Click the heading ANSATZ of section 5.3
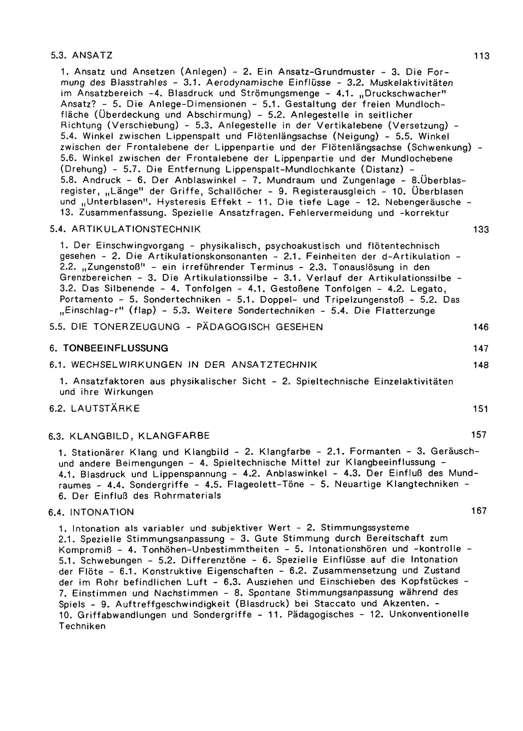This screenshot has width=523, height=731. click(92, 56)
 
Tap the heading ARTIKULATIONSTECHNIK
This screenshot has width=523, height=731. click(136, 229)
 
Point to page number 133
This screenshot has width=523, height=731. click(481, 230)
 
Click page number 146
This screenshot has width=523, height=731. click(481, 328)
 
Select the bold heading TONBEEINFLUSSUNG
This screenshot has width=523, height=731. click(116, 348)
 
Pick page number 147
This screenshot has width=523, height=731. click(481, 348)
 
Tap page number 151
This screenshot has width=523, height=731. click(481, 409)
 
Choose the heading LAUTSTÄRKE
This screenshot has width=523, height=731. click(105, 409)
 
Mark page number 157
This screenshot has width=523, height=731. click(479, 435)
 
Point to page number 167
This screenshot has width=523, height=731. click(479, 511)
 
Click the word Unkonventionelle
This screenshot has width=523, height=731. click(429, 614)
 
